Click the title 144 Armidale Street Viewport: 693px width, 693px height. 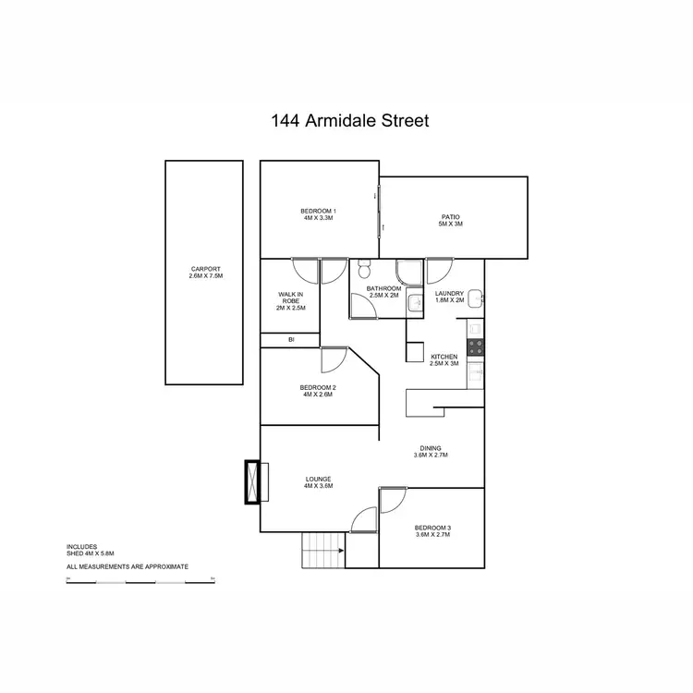pyautogui.click(x=349, y=120)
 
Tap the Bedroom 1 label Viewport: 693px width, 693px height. pyautogui.click(x=319, y=214)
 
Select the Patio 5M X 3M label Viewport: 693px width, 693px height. pyautogui.click(x=450, y=220)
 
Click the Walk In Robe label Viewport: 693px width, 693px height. pyautogui.click(x=290, y=301)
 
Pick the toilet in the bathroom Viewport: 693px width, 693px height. pyautogui.click(x=364, y=270)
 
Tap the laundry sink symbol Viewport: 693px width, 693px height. pyautogui.click(x=474, y=298)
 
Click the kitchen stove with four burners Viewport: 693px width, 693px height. pyautogui.click(x=476, y=346)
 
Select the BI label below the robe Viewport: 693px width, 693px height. pyautogui.click(x=291, y=341)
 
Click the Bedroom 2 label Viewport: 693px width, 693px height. pyautogui.click(x=318, y=391)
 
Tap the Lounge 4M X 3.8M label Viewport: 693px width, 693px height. pyautogui.click(x=318, y=482)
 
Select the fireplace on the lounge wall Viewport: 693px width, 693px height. pyautogui.click(x=252, y=481)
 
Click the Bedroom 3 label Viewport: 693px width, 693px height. pyautogui.click(x=432, y=530)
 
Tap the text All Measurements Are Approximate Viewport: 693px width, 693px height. pyautogui.click(x=128, y=565)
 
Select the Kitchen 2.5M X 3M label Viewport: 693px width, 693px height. pyautogui.click(x=444, y=360)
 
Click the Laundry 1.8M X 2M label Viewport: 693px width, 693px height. pyautogui.click(x=450, y=298)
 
